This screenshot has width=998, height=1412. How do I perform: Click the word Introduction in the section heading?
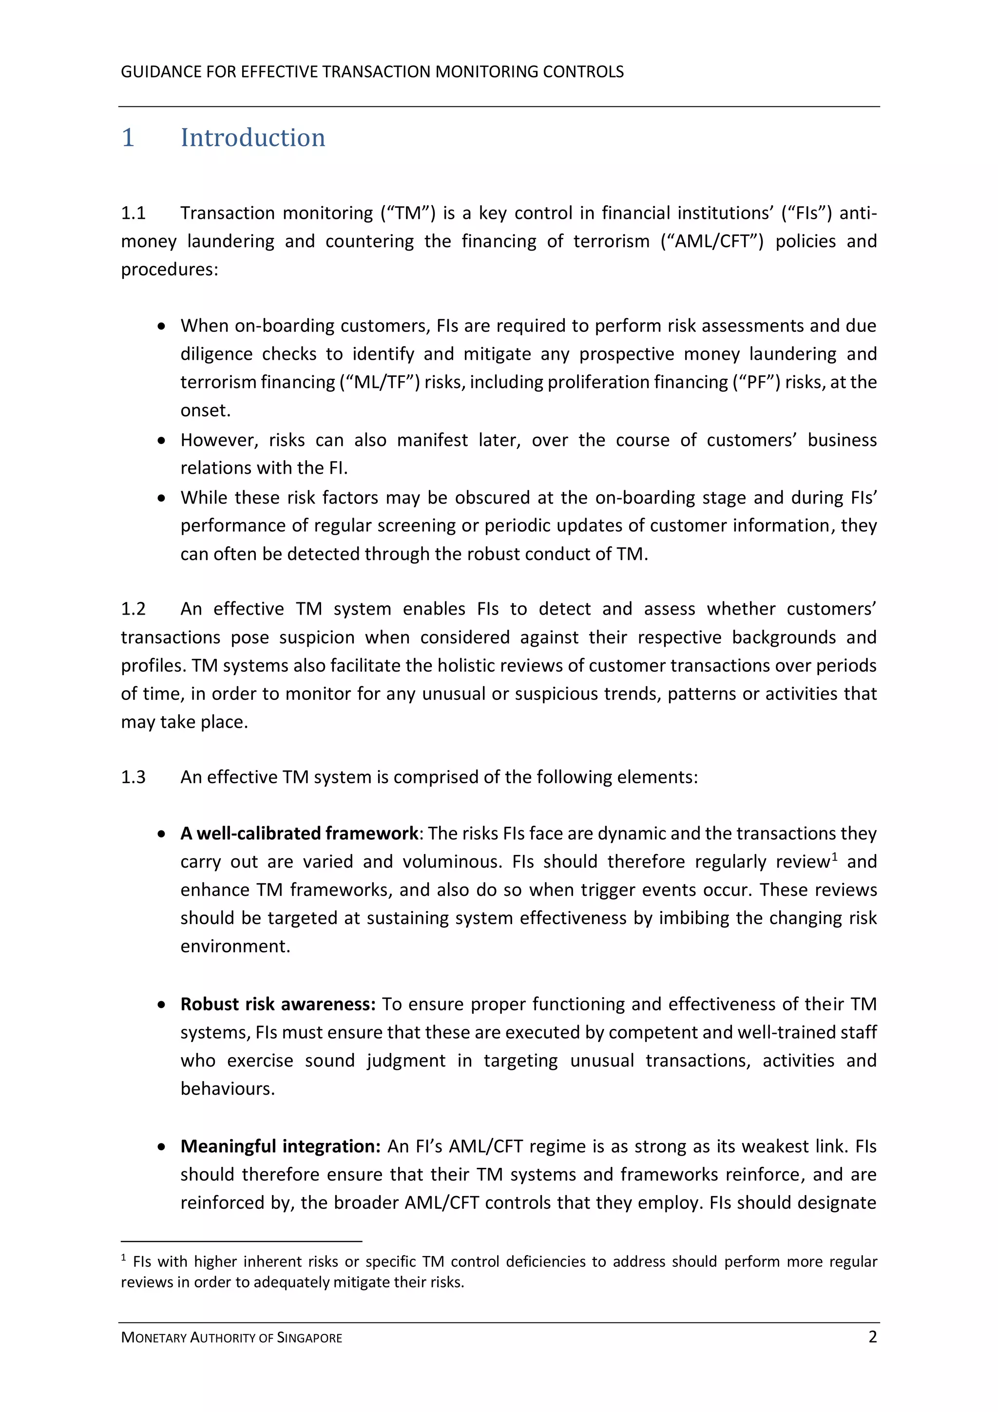pos(253,138)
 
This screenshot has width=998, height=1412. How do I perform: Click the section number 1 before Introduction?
pos(128,138)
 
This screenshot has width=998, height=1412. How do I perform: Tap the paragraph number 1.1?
pos(133,213)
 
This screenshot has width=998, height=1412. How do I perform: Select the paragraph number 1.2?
pos(133,609)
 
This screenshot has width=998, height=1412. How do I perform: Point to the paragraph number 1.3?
pos(133,777)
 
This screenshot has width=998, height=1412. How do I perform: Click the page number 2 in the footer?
pos(872,1337)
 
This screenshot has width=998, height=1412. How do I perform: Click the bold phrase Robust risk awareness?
pos(277,1004)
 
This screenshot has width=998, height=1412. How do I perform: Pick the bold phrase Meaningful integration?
pos(280,1146)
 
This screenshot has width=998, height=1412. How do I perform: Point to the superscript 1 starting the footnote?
pos(124,1257)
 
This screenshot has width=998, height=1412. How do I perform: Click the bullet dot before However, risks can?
pos(161,441)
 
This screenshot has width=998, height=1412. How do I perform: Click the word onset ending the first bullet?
pos(205,411)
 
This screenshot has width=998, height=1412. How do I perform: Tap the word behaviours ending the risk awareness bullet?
pos(227,1089)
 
